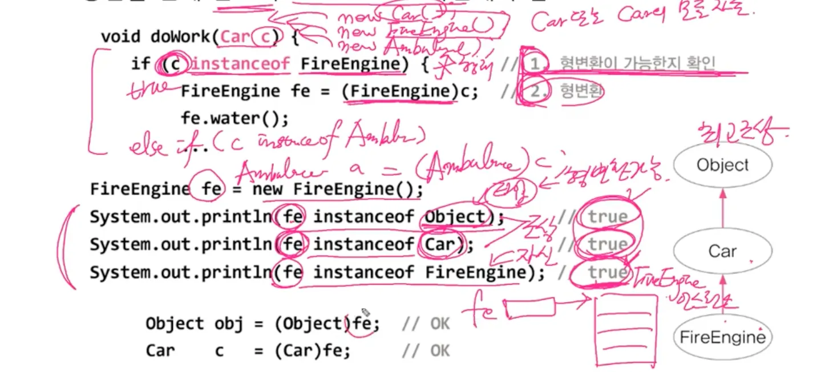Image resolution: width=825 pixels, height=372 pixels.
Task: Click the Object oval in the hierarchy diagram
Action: click(x=722, y=165)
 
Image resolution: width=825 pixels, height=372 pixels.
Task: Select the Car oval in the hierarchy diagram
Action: click(x=722, y=251)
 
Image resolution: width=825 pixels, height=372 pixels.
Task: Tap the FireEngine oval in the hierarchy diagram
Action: click(x=722, y=337)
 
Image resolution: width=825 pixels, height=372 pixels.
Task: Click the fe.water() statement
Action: click(x=235, y=119)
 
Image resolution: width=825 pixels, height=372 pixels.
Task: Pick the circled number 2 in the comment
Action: click(x=535, y=91)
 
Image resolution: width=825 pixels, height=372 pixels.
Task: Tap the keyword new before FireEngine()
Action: click(x=271, y=189)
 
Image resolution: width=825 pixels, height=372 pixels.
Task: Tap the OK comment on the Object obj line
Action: click(x=440, y=324)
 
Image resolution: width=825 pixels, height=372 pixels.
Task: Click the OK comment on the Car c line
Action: click(x=440, y=351)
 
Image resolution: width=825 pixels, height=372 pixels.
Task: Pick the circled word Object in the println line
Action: click(x=454, y=217)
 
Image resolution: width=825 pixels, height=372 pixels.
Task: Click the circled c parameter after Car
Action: click(x=264, y=37)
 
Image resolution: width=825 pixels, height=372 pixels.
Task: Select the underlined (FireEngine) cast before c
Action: click(x=401, y=92)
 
